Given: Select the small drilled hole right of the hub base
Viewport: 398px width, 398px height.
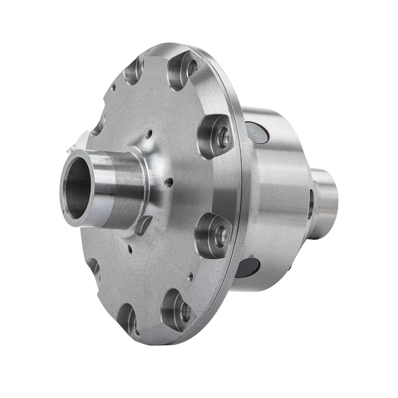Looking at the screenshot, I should [169, 182].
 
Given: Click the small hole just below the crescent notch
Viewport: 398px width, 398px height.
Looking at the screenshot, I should [130, 249].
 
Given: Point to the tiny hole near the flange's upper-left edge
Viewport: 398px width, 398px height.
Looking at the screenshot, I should [114, 88].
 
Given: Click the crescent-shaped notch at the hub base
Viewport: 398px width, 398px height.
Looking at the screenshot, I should [143, 225].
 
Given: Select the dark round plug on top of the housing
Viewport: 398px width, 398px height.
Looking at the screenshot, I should [257, 132].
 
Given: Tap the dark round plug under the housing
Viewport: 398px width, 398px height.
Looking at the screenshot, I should [248, 268].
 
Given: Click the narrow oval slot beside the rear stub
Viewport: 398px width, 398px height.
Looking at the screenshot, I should [311, 204].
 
